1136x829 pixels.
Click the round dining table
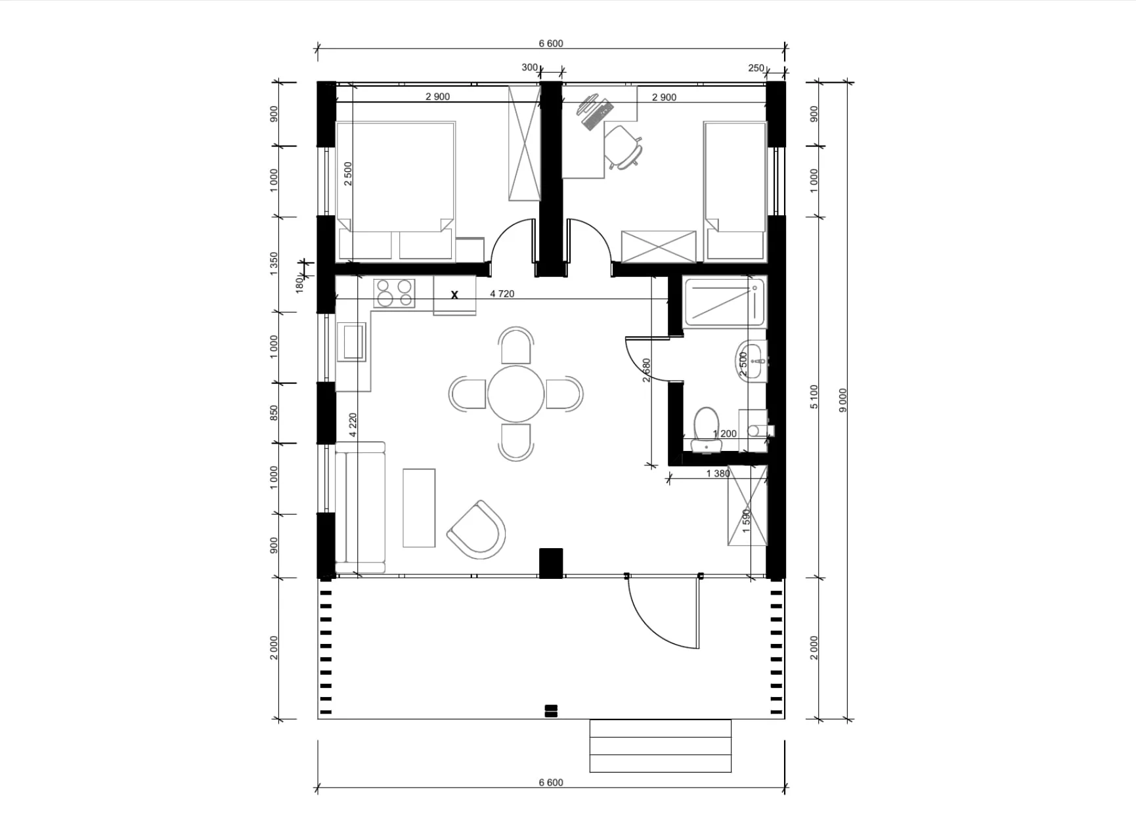click(515, 394)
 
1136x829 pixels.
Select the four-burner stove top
click(394, 293)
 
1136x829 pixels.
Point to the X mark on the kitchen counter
click(454, 295)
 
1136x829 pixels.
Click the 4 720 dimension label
click(502, 293)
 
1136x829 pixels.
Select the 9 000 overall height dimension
click(843, 400)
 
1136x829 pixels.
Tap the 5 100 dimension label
click(814, 396)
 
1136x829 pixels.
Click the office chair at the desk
click(623, 147)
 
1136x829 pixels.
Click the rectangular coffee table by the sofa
click(419, 507)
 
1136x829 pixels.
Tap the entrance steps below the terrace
click(660, 746)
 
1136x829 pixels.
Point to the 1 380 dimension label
click(718, 473)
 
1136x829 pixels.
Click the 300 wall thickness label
click(529, 67)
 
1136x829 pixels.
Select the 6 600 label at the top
click(551, 43)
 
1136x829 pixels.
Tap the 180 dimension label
click(299, 284)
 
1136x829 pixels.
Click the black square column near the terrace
click(551, 563)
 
